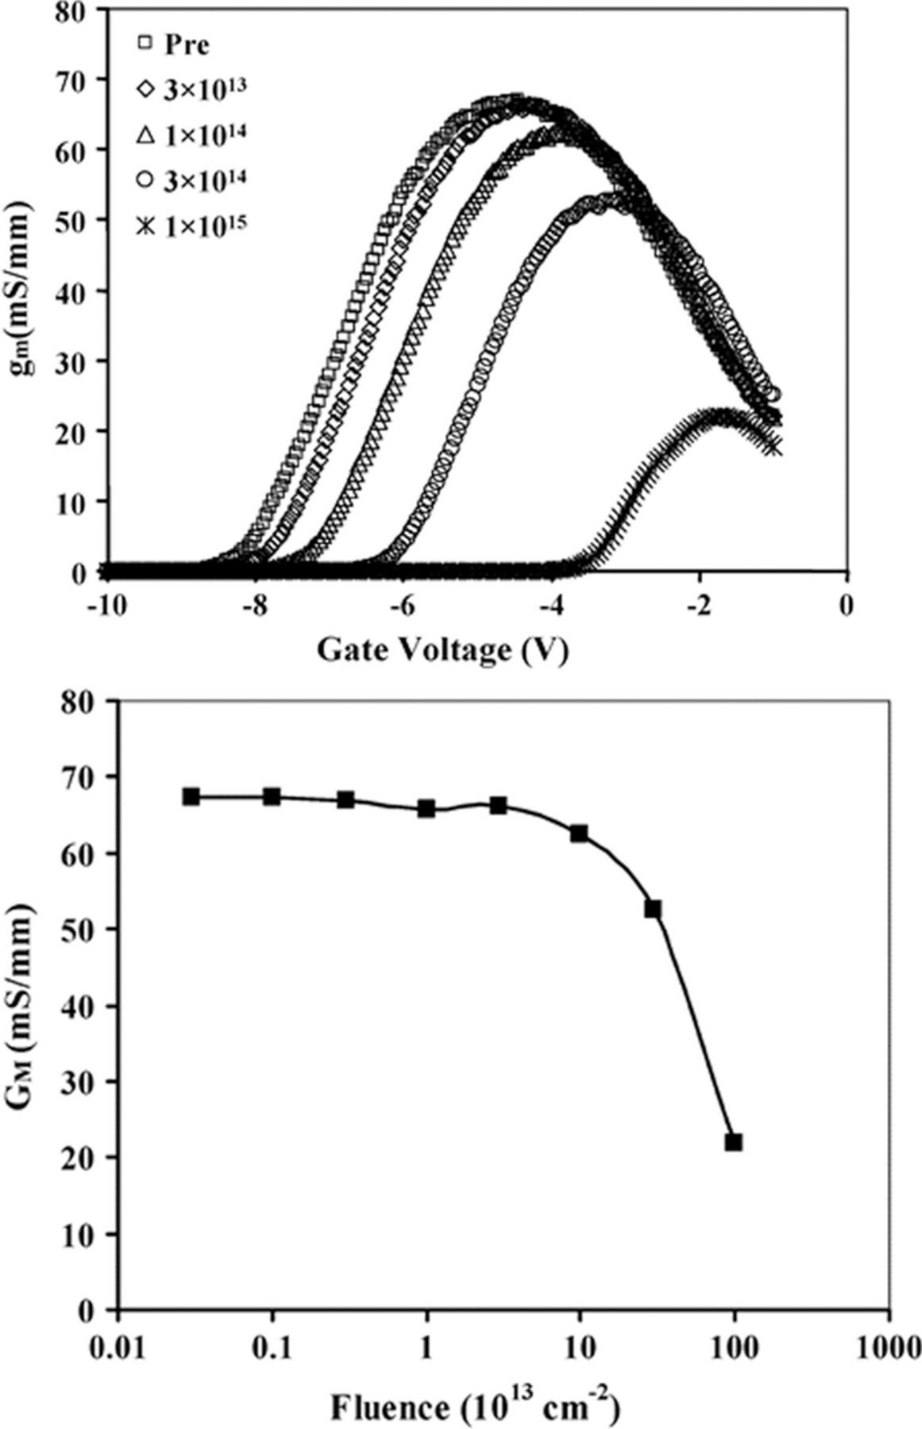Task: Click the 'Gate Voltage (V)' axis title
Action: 442,649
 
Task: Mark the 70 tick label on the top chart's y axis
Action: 75,79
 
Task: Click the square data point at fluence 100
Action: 734,1142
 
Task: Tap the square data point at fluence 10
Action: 580,834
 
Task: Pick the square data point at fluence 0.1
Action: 272,796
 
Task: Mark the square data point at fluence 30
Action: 653,909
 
